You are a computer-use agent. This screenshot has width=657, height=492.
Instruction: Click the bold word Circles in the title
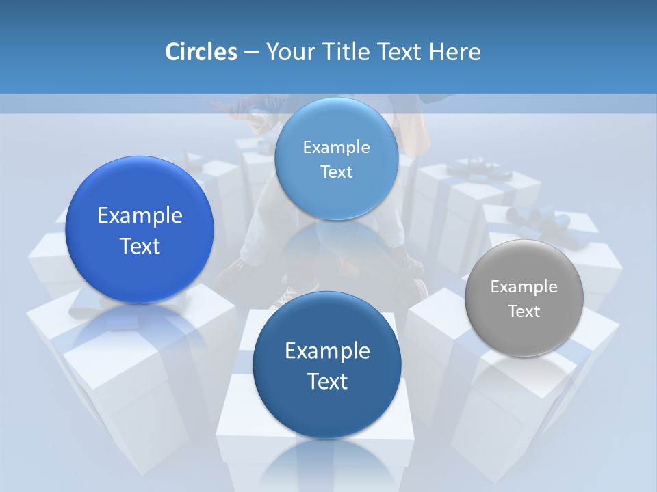(201, 52)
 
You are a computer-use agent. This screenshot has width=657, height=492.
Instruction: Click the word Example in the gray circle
(524, 287)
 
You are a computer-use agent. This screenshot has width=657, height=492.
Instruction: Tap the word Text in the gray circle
(524, 312)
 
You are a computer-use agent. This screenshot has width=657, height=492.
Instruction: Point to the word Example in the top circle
(337, 148)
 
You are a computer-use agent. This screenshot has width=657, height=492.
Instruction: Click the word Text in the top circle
(337, 172)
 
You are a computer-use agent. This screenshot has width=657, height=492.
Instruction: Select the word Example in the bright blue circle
(140, 216)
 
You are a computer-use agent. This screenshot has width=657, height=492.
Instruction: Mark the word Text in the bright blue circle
(140, 246)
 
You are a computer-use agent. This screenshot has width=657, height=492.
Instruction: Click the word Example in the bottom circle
(327, 351)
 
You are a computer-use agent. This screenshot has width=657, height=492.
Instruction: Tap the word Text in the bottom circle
(327, 381)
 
